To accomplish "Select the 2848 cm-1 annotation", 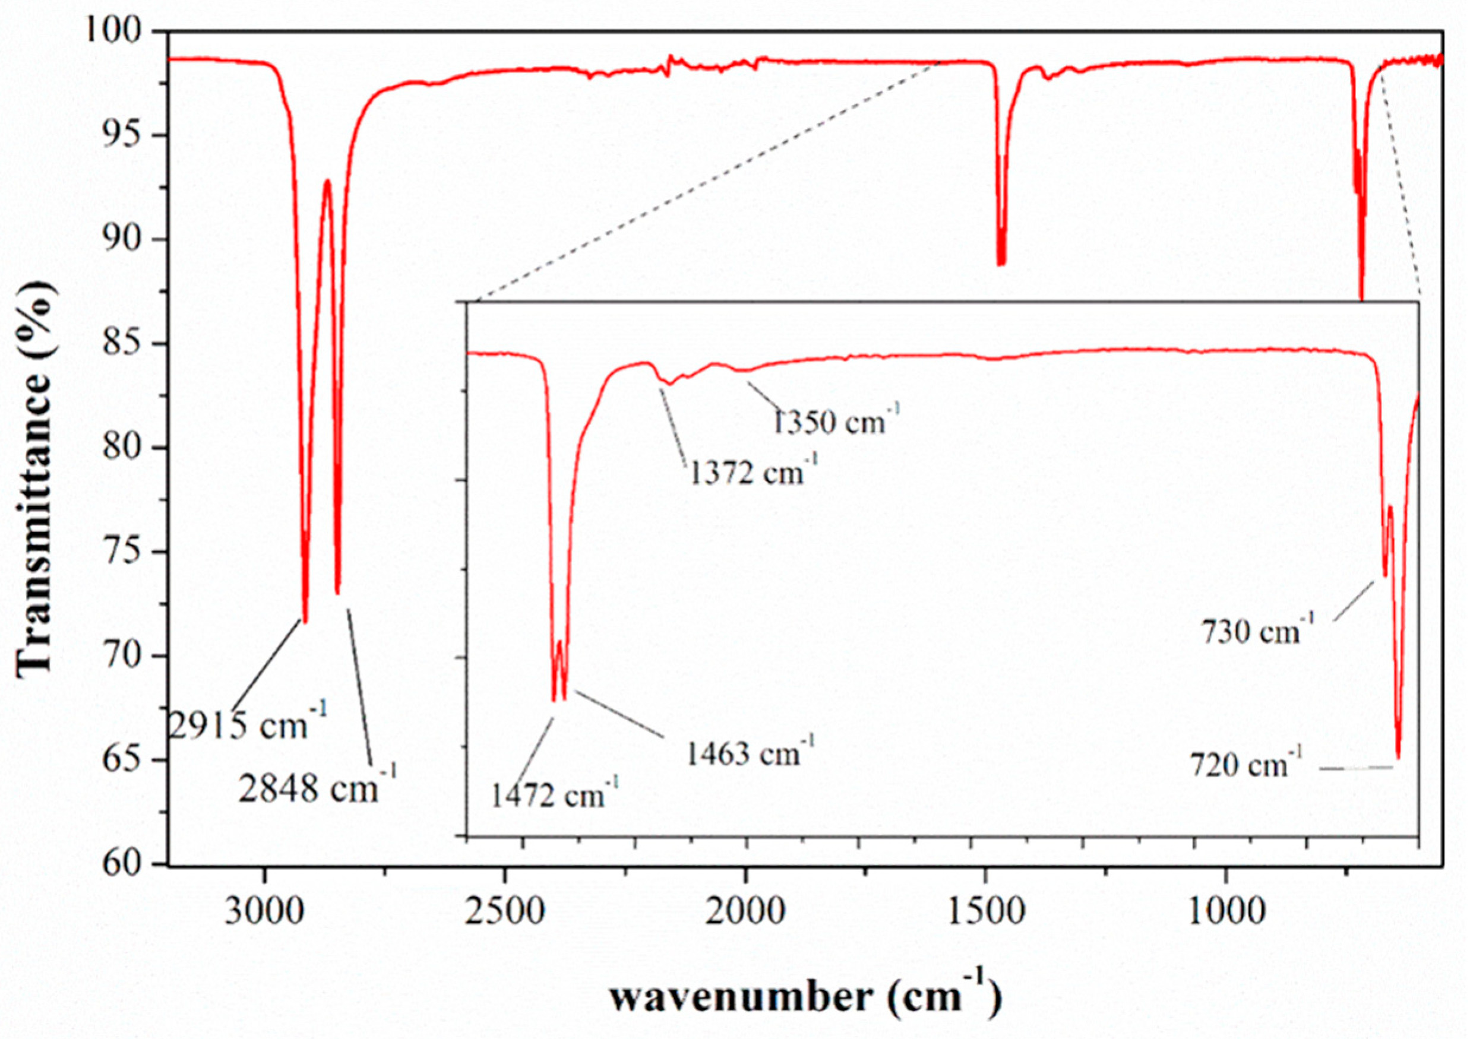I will pyautogui.click(x=318, y=787).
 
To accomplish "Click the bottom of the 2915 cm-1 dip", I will pyautogui.click(x=305, y=621).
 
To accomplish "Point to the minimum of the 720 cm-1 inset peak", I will pyautogui.click(x=1398, y=758).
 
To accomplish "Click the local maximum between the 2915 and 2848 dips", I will pyautogui.click(x=327, y=180).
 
